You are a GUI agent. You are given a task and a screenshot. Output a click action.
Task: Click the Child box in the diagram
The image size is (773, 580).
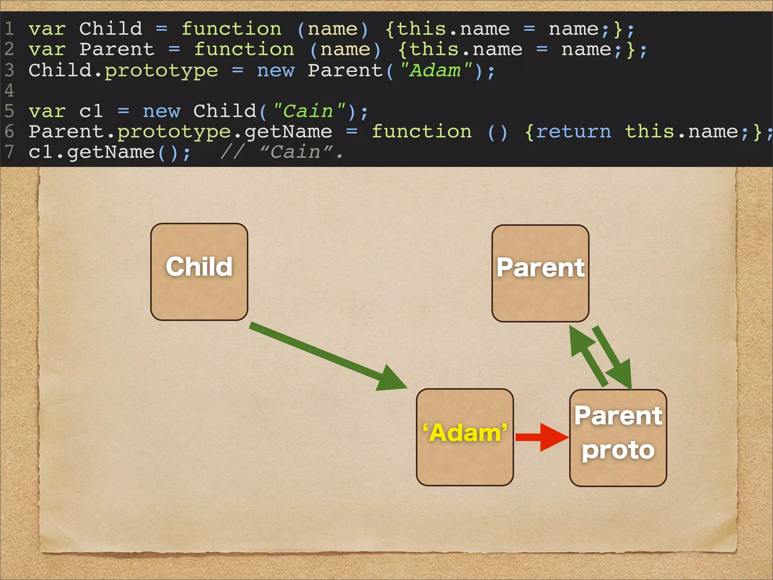click(x=199, y=272)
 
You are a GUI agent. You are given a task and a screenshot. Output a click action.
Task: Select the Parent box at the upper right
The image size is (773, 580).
click(x=540, y=273)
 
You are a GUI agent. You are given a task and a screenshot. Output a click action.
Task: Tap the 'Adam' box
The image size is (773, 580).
click(x=465, y=437)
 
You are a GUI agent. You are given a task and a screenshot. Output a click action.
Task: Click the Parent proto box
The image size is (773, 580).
click(x=618, y=438)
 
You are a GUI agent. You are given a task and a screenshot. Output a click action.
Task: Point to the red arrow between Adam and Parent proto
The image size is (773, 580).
click(x=542, y=437)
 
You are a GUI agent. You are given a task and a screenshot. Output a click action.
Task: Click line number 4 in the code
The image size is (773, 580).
click(x=9, y=91)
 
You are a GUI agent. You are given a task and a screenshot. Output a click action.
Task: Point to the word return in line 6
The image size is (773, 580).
click(x=573, y=132)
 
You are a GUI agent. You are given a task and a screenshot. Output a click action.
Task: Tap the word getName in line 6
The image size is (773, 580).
click(x=288, y=132)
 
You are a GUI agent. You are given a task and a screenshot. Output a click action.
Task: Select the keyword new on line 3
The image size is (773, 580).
click(x=276, y=71)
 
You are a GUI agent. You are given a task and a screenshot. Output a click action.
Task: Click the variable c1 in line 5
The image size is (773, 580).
click(x=91, y=111)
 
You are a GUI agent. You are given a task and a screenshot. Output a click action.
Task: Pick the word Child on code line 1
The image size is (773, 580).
click(x=111, y=29)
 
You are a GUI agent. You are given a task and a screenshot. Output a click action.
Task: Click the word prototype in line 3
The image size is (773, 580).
click(x=161, y=71)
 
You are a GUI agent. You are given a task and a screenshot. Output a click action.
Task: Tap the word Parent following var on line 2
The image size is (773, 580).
click(x=117, y=49)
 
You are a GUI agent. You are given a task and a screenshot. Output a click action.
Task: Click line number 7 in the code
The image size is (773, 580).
click(x=9, y=152)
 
